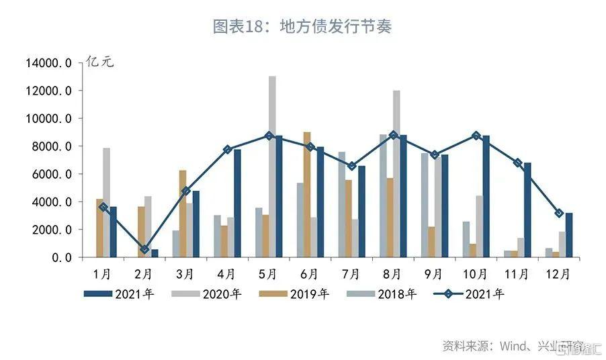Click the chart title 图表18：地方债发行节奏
tap(302, 27)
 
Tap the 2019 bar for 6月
tap(307, 195)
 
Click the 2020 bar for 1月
tap(106, 201)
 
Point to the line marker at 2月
tap(144, 249)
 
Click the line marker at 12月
tap(559, 213)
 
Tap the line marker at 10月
tap(476, 136)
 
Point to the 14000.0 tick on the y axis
tap(48, 63)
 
